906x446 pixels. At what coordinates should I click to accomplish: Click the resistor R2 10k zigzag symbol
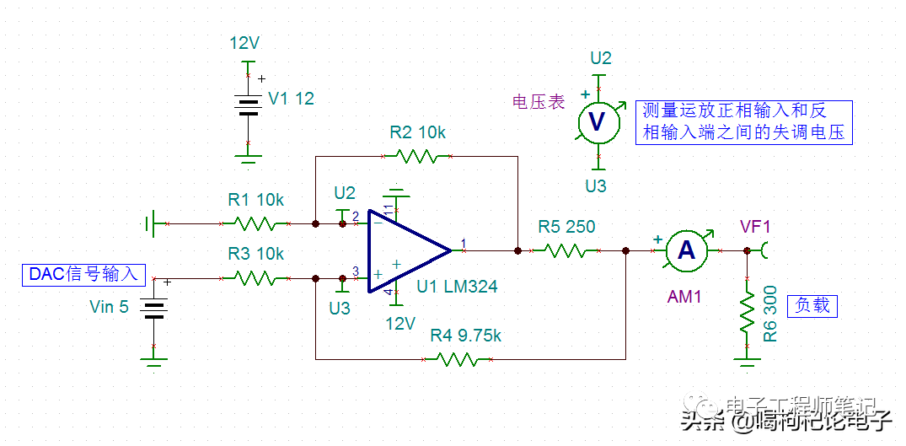coord(418,156)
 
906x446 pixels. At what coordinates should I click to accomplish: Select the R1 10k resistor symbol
coord(255,224)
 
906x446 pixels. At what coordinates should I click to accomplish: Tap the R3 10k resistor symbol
coord(255,277)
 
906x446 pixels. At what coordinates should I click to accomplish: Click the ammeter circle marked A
coord(686,250)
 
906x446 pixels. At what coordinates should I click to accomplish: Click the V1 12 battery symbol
coord(247,106)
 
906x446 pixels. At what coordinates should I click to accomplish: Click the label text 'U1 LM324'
coord(457,287)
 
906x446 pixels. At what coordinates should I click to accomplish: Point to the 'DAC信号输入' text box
coord(83,275)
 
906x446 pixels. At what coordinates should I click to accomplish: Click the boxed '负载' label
coord(812,305)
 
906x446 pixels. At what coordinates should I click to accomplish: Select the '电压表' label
coord(539,102)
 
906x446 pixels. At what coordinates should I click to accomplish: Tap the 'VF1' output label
coord(756,226)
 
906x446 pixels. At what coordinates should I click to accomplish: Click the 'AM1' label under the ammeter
coord(685,297)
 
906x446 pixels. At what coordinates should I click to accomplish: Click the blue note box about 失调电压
coord(742,123)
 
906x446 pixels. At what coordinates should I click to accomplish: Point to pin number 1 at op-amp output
coord(463,244)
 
